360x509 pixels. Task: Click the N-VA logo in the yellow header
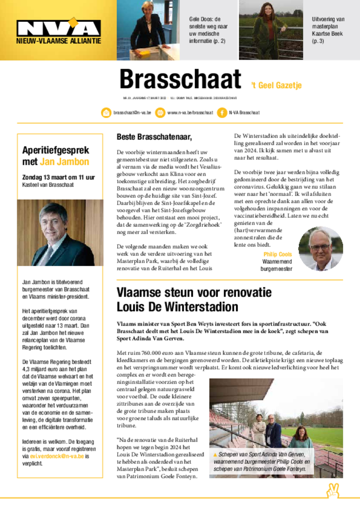point(59,29)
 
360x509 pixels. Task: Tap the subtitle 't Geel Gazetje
point(274,85)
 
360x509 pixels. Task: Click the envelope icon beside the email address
point(106,113)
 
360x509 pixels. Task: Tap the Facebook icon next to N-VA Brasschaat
point(222,113)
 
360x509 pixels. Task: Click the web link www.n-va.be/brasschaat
point(190,113)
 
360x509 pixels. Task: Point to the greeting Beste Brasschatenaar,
point(154,137)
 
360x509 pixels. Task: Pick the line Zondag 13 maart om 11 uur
point(58,177)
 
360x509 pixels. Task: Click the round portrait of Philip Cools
point(320,249)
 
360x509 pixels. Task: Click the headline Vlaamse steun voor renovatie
point(187,292)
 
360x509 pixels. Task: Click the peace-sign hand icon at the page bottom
point(332,491)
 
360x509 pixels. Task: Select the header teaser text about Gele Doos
point(208,30)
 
